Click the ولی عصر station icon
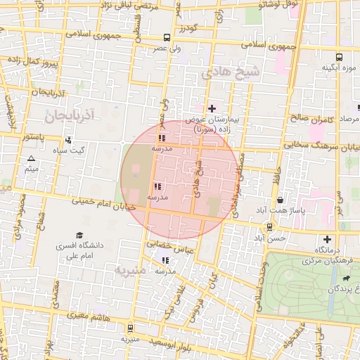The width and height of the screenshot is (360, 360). (x=167, y=38)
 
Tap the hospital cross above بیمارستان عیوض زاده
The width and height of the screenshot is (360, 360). (x=212, y=108)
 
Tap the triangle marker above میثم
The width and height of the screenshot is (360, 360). (x=31, y=158)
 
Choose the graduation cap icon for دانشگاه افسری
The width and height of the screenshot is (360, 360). (x=79, y=235)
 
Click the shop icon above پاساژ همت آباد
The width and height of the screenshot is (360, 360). (x=281, y=200)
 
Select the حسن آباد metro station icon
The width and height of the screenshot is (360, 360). (x=269, y=227)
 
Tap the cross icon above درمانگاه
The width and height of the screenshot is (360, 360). (x=327, y=238)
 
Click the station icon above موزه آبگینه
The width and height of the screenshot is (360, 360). (x=340, y=56)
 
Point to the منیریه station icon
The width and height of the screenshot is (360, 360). (x=130, y=328)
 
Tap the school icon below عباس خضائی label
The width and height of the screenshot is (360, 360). (x=165, y=260)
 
